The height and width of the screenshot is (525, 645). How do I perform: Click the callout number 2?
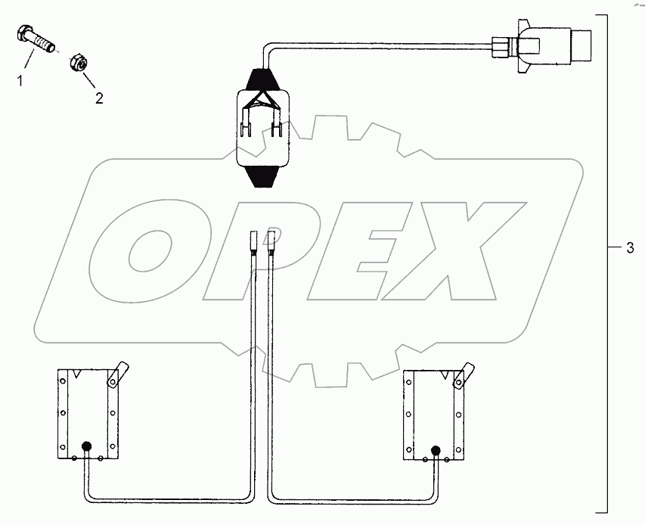click(97, 98)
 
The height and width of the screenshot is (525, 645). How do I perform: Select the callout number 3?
click(629, 249)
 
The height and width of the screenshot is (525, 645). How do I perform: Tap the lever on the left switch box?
click(116, 373)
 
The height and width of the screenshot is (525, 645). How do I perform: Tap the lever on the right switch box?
click(462, 374)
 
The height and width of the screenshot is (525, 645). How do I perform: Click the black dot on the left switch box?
click(87, 448)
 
